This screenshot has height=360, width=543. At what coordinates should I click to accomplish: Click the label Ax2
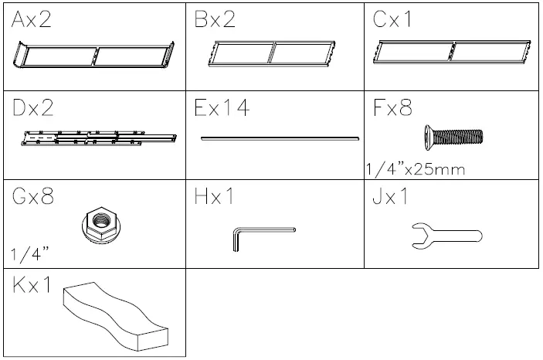32,21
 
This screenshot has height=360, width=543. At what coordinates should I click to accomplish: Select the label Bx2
215,21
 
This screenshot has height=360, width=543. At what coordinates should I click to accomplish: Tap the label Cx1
394,21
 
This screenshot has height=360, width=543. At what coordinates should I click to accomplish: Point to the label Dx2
32,108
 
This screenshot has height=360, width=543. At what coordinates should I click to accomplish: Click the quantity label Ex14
222,108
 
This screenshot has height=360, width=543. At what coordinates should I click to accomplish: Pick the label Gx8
32,196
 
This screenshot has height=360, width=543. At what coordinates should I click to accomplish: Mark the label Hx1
214,196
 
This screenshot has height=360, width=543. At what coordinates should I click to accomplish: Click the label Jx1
390,196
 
